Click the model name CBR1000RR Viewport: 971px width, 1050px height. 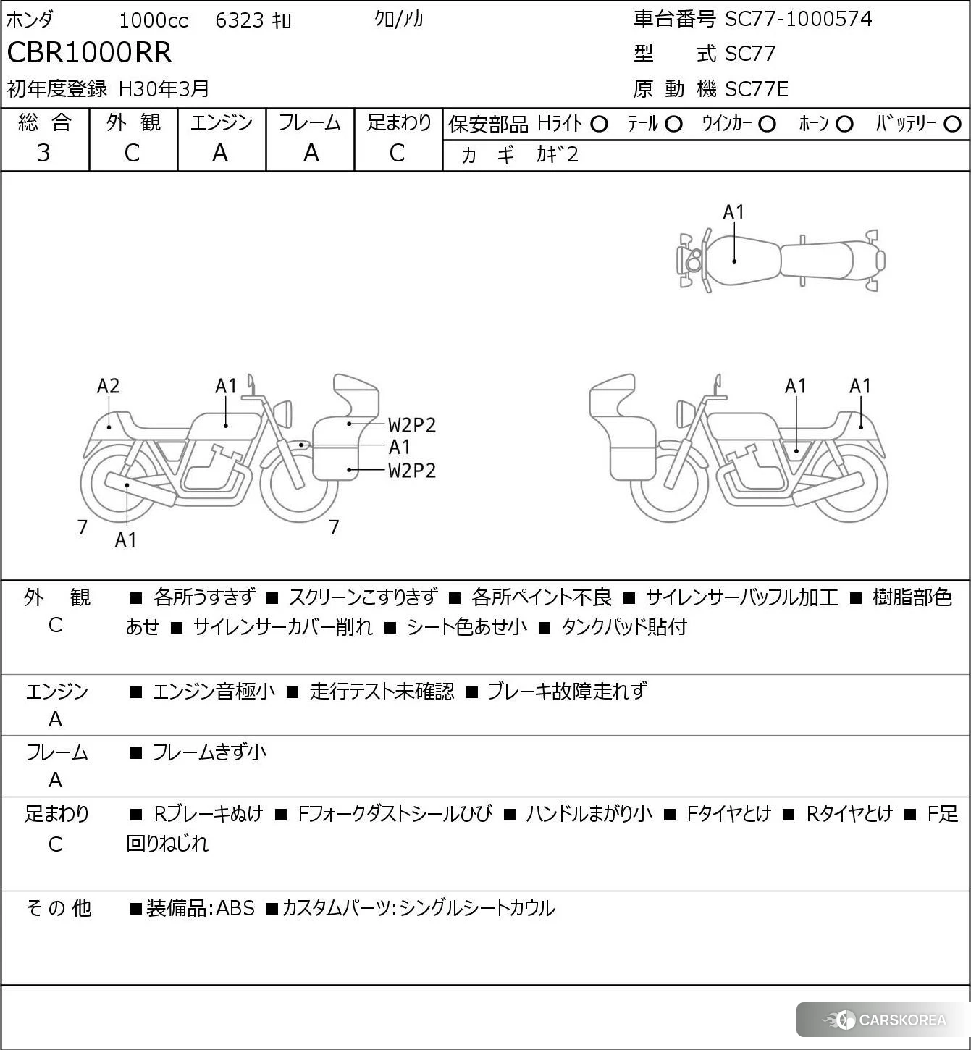pos(90,53)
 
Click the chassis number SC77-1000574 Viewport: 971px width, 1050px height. pos(799,19)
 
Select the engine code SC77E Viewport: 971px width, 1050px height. pos(757,89)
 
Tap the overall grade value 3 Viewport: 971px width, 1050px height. pos(44,153)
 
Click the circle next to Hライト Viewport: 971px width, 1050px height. pos(599,124)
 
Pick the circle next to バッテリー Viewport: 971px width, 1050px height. pos(953,124)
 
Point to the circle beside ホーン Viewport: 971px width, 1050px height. pos(844,124)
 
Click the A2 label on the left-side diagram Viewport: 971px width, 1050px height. pos(108,386)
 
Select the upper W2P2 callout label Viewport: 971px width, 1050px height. pos(412,425)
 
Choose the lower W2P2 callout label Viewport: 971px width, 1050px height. pos(412,471)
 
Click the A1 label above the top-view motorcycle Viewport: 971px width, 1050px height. pos(733,212)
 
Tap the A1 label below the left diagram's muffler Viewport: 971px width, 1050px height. pos(125,539)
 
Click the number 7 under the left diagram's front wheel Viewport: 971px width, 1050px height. pos(334,527)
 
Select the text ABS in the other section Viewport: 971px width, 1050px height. pos(235,908)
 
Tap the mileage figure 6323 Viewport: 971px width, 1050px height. pos(240,20)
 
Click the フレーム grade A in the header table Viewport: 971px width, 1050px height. pos(311,153)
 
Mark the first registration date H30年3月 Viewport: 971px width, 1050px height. pos(164,89)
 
